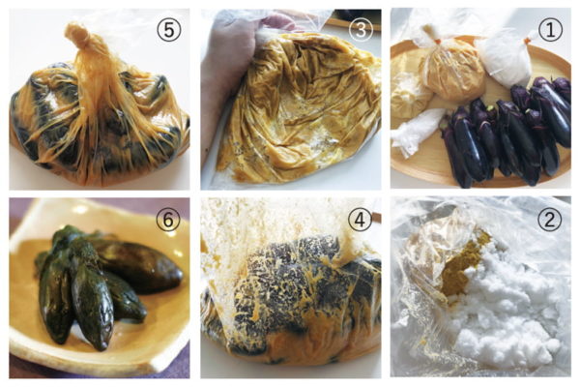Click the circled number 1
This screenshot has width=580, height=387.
click(550, 29)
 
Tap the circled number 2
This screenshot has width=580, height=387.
click(549, 219)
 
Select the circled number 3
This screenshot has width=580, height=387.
click(360, 29)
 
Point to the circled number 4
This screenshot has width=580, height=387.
click(360, 219)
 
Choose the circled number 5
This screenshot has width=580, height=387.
click(168, 30)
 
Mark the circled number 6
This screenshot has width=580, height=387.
click(168, 220)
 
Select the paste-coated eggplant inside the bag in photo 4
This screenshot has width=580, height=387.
click(296, 289)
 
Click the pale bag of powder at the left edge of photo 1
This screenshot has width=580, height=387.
click(409, 93)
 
